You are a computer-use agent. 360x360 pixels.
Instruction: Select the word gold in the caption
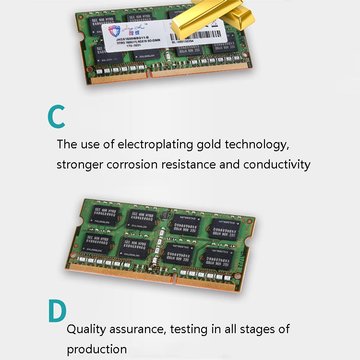208,144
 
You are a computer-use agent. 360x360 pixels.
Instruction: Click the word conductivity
276,165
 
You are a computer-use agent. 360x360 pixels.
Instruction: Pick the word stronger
79,165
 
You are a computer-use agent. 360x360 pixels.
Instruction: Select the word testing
194,329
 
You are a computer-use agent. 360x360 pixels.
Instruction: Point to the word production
96,349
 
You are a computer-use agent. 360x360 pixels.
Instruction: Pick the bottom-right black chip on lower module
218,259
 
